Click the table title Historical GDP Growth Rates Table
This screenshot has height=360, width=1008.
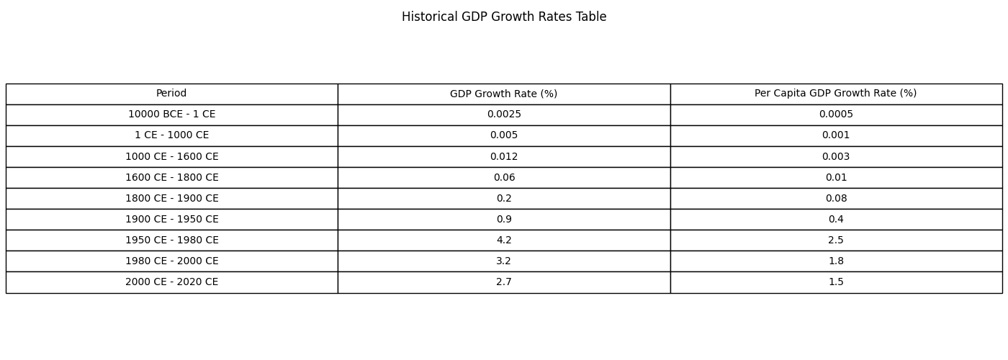point(504,17)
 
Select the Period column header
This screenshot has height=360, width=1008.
point(171,94)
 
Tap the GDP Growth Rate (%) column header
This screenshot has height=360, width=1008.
point(503,94)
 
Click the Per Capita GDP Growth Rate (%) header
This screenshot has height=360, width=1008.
point(835,94)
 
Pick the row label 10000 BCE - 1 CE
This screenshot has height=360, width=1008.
point(171,114)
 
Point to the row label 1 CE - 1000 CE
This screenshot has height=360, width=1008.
point(171,135)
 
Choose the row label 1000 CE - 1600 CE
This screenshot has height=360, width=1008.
point(171,156)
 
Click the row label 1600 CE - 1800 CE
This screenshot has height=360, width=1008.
point(171,177)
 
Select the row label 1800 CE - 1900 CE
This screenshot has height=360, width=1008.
point(171,198)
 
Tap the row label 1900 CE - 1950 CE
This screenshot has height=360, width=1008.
point(171,219)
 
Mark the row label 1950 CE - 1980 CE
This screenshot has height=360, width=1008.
point(171,240)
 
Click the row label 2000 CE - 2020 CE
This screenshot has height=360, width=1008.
point(171,282)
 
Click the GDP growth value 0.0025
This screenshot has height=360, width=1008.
point(503,114)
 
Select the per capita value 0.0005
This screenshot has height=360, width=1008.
point(835,114)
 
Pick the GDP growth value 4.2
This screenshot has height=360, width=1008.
point(503,240)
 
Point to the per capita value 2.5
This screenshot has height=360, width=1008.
point(835,240)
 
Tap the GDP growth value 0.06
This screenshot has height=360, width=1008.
point(503,177)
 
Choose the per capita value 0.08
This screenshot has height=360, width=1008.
point(835,198)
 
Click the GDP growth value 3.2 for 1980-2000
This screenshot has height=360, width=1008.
point(503,261)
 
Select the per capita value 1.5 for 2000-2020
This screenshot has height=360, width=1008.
point(835,282)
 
